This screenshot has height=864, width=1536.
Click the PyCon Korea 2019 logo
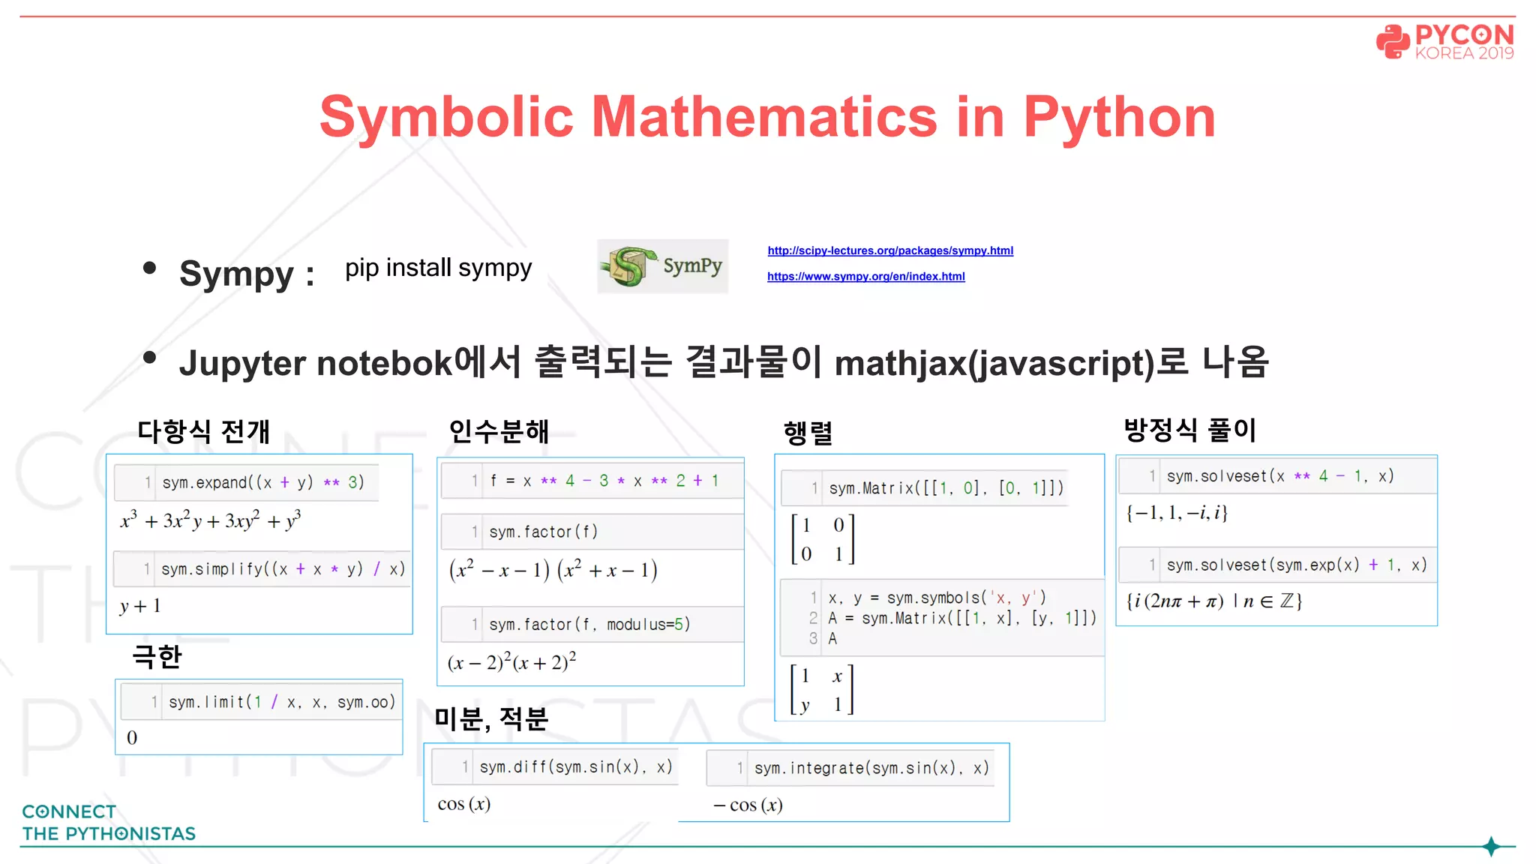[1444, 41]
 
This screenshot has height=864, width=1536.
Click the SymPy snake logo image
[662, 266]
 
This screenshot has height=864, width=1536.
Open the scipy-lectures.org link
[890, 250]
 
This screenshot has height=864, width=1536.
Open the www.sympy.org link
[865, 277]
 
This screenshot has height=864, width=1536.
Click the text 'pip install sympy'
[438, 268]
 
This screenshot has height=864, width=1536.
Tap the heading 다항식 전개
[203, 431]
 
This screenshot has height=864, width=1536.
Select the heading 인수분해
[499, 431]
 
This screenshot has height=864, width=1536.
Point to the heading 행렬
[808, 433]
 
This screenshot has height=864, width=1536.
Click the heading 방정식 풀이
[1189, 430]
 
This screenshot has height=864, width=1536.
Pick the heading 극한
[157, 656]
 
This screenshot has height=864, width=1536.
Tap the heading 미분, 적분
[491, 718]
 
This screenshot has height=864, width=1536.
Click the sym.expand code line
[262, 482]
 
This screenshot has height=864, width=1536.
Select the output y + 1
[140, 606]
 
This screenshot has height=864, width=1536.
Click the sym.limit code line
[281, 702]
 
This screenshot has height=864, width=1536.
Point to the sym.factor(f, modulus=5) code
[589, 624]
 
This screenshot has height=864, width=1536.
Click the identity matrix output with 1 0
[823, 539]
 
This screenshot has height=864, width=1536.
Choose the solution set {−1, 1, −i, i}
[1176, 513]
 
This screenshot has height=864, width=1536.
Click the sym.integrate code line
[871, 768]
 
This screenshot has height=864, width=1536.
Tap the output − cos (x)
[748, 805]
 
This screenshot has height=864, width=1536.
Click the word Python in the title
[1119, 118]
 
